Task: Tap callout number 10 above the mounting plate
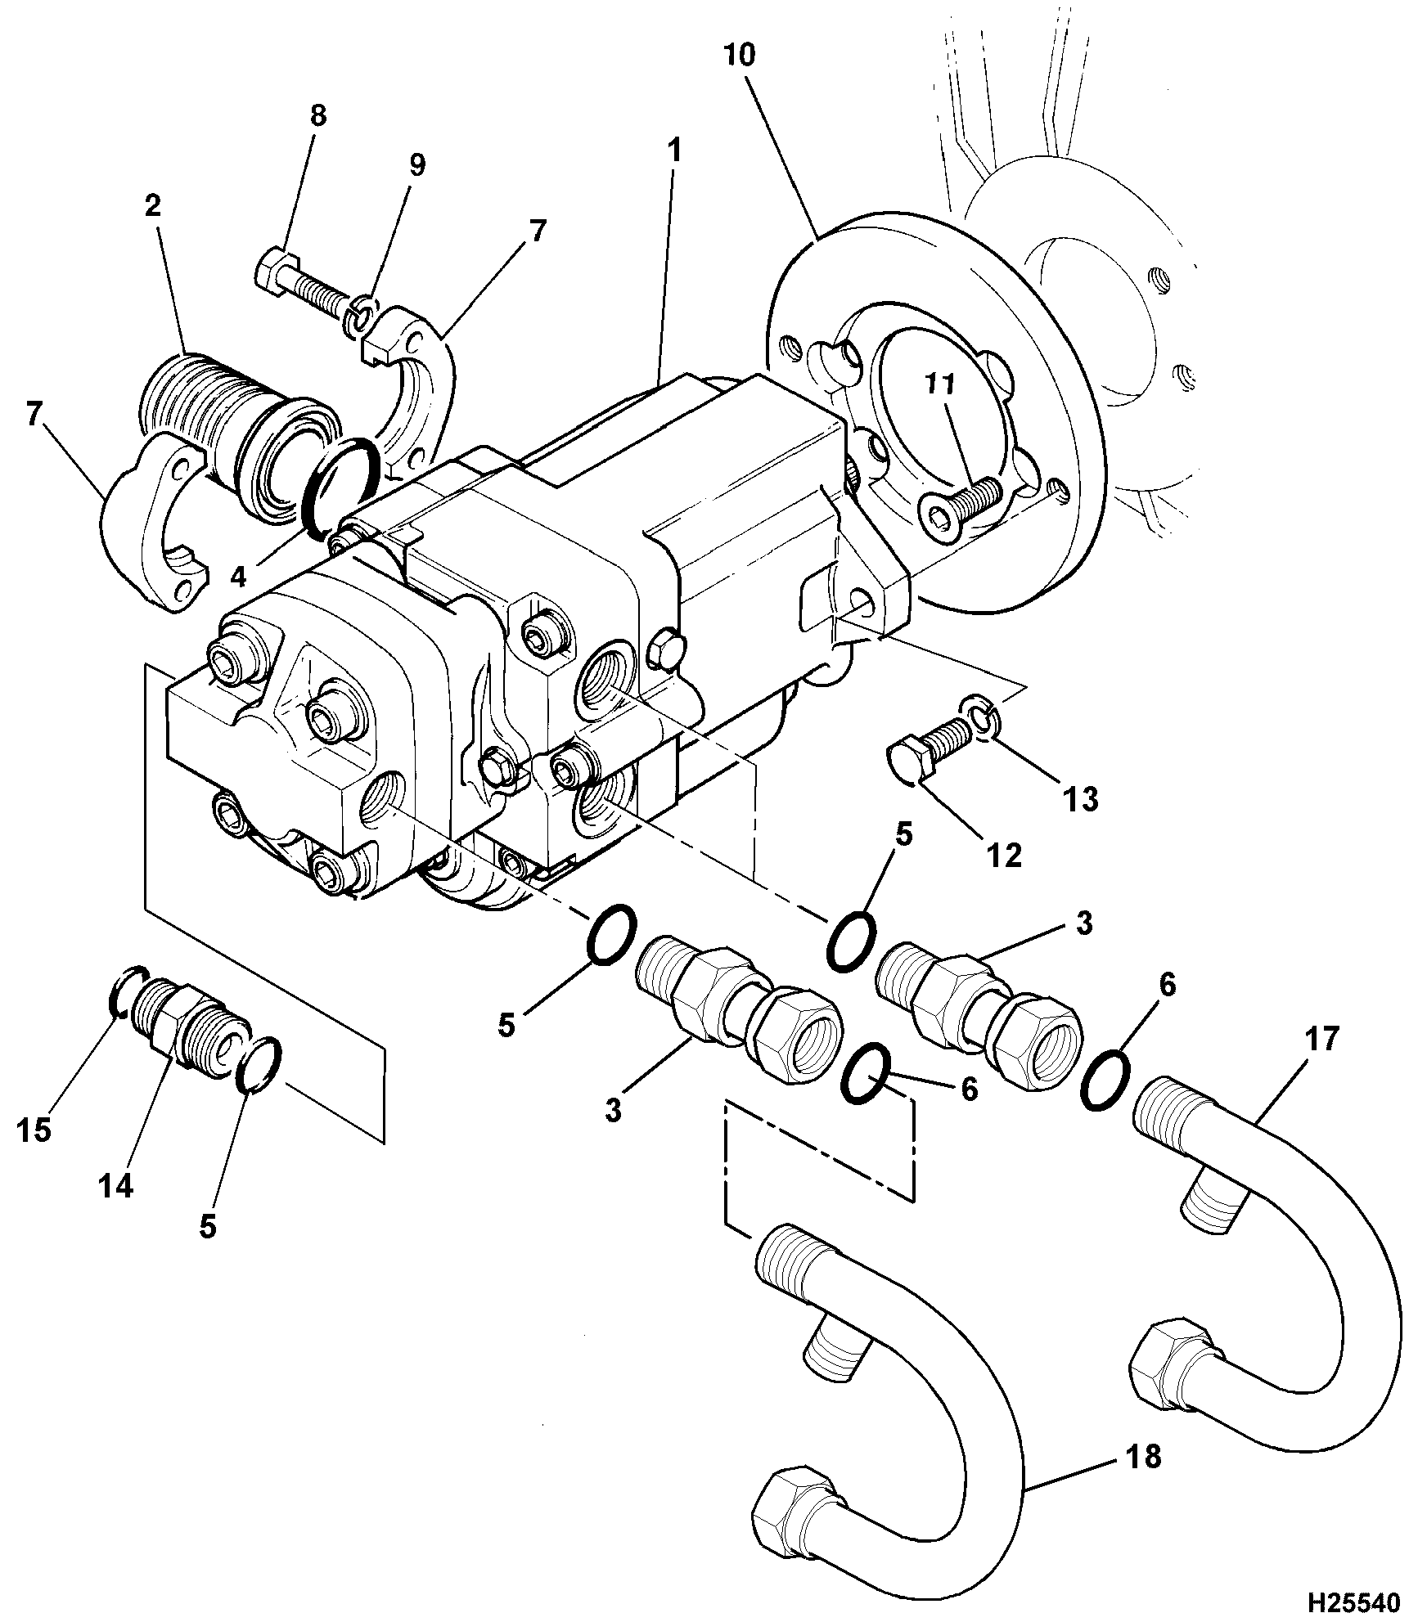(x=739, y=56)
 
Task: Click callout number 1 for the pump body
(x=674, y=151)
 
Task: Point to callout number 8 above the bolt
(x=318, y=116)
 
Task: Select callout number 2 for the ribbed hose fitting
(x=153, y=207)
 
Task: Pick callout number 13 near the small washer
(x=1081, y=798)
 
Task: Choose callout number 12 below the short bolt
(x=1005, y=856)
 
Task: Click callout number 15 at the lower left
(x=34, y=1130)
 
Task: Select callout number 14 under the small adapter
(x=115, y=1185)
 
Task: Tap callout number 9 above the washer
(x=417, y=165)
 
